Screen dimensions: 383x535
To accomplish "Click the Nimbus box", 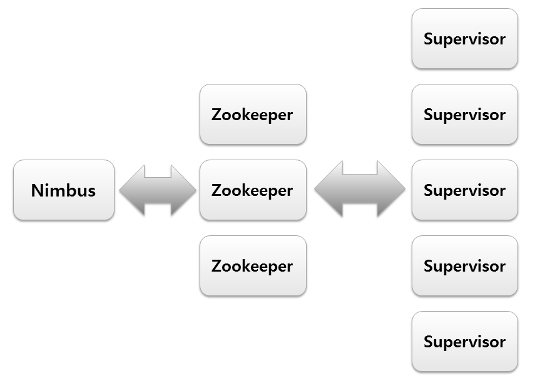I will (x=63, y=190).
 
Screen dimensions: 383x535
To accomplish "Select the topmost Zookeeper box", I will (x=253, y=115).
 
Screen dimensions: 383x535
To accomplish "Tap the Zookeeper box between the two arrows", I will (x=253, y=190).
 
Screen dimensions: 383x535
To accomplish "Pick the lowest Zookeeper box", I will (x=253, y=266).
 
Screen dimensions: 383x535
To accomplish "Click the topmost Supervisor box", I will (x=464, y=39).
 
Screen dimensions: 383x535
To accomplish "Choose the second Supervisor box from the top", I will (x=464, y=115).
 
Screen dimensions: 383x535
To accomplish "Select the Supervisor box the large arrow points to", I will (x=464, y=190).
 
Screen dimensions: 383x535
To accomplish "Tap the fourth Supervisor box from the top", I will (x=464, y=266).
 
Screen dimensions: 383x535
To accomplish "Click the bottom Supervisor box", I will (x=464, y=342).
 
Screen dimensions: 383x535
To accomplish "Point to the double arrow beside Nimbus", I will (x=157, y=191).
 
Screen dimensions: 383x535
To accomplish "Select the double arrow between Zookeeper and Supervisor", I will (x=359, y=190).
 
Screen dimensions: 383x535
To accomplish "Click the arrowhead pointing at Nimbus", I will (x=131, y=191).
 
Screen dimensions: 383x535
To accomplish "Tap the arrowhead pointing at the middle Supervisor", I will (x=392, y=190).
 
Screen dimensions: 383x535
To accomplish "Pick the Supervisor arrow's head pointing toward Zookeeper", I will (x=327, y=190).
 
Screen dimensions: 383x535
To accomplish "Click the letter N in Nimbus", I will (x=37, y=190).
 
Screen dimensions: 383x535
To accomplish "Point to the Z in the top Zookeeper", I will (x=217, y=115).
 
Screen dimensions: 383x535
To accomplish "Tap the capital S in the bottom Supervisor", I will (x=429, y=342).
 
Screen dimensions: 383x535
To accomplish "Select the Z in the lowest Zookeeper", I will (x=217, y=267).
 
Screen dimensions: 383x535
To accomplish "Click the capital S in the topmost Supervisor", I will (x=429, y=39).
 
